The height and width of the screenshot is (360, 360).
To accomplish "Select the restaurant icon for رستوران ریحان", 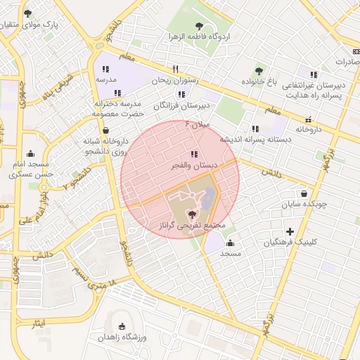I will (175, 69).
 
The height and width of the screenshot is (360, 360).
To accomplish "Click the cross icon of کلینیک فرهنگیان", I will (290, 231).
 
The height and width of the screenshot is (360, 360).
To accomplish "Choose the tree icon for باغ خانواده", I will (259, 70).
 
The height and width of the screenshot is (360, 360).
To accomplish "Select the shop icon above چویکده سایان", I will (303, 193).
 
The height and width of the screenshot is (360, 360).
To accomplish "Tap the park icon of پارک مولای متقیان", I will (27, 13).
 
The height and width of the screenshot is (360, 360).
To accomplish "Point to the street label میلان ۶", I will (197, 124).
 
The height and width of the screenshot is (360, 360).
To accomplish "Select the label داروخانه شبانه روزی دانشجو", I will (103, 146).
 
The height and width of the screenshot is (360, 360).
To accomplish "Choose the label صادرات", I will (343, 61).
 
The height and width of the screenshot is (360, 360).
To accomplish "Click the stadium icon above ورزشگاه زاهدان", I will (124, 326).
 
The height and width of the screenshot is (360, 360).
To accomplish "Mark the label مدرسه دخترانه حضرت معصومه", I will (119, 108).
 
